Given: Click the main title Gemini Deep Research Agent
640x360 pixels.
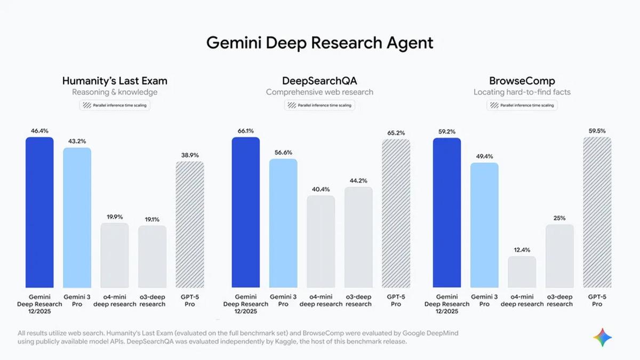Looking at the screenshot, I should [319, 43].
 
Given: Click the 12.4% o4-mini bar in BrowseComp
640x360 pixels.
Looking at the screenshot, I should [522, 272].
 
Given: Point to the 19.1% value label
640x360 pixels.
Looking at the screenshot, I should [152, 219].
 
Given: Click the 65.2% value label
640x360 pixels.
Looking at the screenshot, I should [396, 132].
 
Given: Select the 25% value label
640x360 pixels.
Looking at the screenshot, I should [559, 218].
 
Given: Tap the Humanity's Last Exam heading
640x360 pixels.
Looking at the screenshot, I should [115, 81].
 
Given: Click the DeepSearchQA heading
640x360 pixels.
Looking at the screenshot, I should [319, 81].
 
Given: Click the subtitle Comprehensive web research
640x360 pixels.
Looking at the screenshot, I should [319, 92].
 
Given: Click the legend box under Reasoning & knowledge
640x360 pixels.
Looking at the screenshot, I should [115, 105].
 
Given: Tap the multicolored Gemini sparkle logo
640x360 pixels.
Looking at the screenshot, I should [602, 338].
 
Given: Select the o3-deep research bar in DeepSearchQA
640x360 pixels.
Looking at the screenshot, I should [358, 237].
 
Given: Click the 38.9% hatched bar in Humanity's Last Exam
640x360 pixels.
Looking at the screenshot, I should [190, 225].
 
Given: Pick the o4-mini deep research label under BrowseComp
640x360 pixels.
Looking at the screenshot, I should [522, 300].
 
